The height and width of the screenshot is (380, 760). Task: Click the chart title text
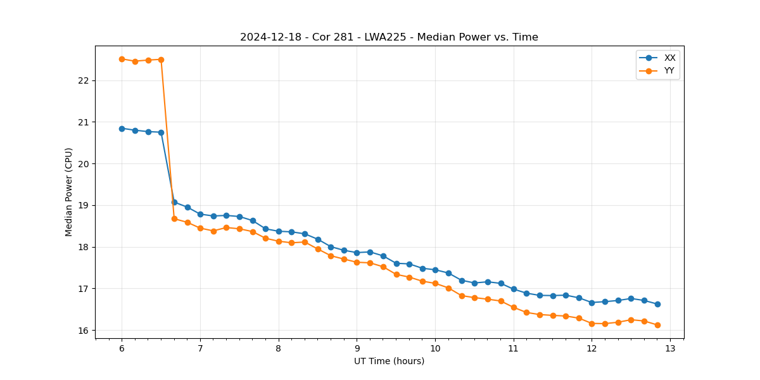pos(389,37)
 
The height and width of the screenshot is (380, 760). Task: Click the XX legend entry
pos(669,58)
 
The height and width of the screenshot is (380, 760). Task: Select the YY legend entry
pos(669,71)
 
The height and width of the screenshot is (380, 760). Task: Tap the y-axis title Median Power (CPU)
pos(69,192)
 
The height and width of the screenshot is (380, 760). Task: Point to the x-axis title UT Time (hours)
pos(389,361)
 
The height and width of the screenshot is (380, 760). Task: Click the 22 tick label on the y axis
pos(82,80)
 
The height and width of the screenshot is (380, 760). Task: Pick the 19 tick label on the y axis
pos(82,205)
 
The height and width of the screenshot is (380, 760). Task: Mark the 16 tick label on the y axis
pos(82,331)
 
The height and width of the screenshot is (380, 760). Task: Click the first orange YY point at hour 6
pos(122,59)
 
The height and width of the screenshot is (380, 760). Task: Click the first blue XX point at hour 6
pos(122,129)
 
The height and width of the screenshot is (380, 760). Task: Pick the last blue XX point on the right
pos(657,304)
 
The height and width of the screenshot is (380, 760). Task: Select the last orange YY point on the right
pos(657,325)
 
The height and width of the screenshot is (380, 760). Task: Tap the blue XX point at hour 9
pos(357,253)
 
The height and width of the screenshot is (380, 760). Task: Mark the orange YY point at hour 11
pos(514,307)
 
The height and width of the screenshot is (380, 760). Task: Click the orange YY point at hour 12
pos(592,324)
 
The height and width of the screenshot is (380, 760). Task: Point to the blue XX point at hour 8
pos(279,231)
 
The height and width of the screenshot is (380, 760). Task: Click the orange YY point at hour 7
pos(200,228)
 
